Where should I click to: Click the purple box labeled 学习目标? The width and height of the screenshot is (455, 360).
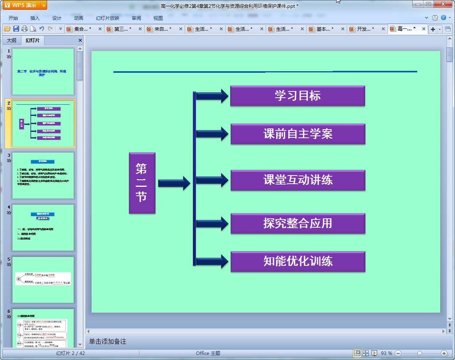tap(298, 96)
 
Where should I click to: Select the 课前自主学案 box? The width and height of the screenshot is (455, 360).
tap(298, 134)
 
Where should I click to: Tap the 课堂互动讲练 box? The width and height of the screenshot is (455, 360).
tap(298, 180)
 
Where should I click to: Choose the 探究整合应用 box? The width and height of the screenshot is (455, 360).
tap(298, 223)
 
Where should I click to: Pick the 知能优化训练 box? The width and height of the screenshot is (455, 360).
tap(298, 261)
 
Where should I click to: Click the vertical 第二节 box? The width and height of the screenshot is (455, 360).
tap(142, 183)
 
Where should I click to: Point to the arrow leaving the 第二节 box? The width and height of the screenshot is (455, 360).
tap(174, 183)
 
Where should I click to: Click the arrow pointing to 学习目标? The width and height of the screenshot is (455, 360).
tap(212, 96)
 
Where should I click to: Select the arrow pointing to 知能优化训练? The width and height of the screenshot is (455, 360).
tap(212, 261)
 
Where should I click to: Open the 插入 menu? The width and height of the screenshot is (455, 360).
tap(35, 18)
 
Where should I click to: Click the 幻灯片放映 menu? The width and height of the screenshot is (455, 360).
tap(108, 18)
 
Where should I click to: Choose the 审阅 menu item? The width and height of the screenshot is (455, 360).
tap(136, 18)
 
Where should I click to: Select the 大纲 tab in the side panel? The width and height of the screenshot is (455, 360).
tap(12, 40)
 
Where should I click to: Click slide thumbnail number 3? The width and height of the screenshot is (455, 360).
tap(43, 176)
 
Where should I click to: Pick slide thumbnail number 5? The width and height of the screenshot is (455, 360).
tap(43, 279)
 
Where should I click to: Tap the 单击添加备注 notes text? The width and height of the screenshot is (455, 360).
tap(108, 341)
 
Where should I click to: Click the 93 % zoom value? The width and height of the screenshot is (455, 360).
tap(386, 353)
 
